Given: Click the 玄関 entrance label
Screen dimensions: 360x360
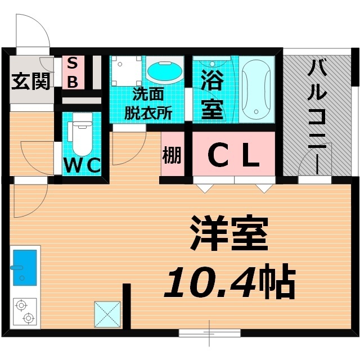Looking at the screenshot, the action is point(30,81).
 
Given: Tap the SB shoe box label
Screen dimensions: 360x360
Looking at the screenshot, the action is point(73,73).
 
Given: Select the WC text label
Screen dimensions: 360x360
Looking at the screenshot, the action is point(82,165).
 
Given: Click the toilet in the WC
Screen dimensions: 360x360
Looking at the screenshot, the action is point(82,134).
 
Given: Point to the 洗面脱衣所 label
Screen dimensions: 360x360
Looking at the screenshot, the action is point(148,103).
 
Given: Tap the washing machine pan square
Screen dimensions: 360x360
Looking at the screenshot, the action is point(126,71).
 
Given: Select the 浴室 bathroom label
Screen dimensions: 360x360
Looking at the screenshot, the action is point(212,94).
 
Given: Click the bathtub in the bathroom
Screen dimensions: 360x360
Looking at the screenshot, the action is point(256,89).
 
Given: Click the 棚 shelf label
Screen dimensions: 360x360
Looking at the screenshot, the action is point(172,155).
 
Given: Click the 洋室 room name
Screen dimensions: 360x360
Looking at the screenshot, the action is point(229,233).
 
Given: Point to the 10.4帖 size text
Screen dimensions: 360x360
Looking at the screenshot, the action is point(229,281).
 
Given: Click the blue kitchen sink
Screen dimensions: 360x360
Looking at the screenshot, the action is point(25,268).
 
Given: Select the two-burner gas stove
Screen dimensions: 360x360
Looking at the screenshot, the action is point(25,312).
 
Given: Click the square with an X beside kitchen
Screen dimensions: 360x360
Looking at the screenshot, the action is point(107,314).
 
